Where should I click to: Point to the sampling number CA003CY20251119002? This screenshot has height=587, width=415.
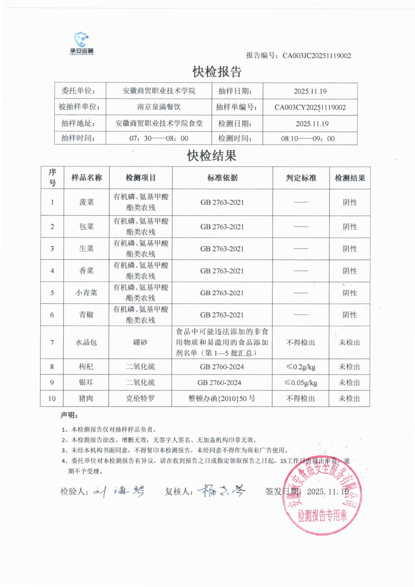[x=310, y=107]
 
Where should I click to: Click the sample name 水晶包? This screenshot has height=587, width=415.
[x=86, y=342]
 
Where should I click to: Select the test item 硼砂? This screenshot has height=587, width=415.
[x=140, y=342]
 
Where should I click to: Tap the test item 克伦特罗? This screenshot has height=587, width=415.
[x=140, y=398]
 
